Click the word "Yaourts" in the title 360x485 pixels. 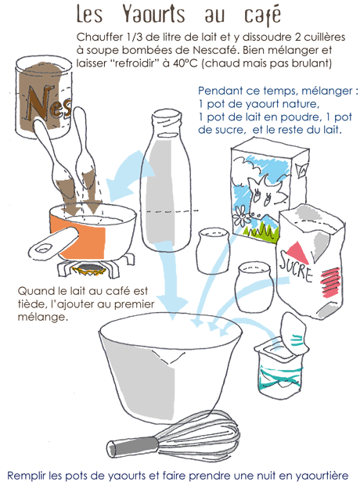pyautogui.click(x=153, y=14)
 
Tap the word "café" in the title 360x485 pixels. pyautogui.click(x=262, y=16)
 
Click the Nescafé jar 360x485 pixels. pyautogui.click(x=44, y=97)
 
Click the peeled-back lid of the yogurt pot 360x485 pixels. pyautogui.click(x=294, y=334)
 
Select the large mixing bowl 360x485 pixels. pyautogui.click(x=171, y=365)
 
